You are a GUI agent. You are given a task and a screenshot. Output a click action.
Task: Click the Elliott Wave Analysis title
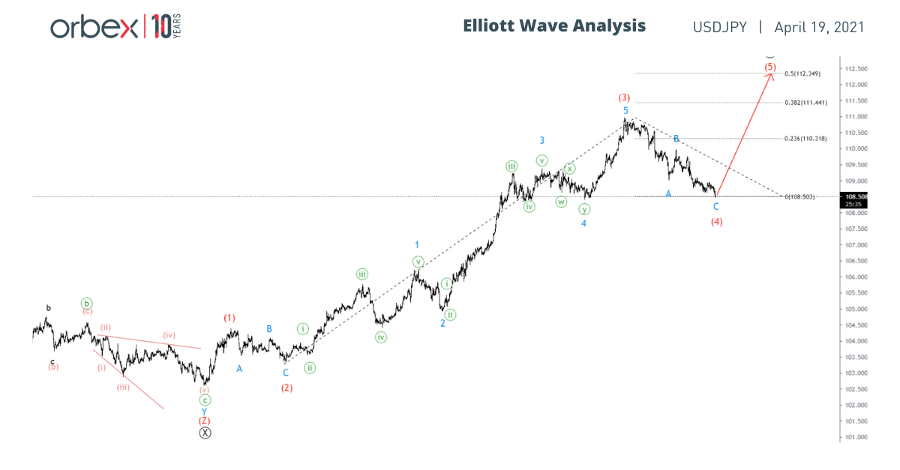pyautogui.click(x=554, y=25)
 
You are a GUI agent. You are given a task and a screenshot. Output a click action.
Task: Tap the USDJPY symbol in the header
pyautogui.click(x=719, y=27)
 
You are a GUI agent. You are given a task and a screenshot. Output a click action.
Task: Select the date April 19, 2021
pyautogui.click(x=820, y=27)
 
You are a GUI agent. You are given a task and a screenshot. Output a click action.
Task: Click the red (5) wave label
pyautogui.click(x=770, y=67)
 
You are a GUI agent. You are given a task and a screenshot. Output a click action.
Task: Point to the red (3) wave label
pyautogui.click(x=624, y=97)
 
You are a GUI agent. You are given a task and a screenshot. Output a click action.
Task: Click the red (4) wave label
pyautogui.click(x=716, y=222)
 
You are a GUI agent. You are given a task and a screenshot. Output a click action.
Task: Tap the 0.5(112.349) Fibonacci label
pyautogui.click(x=802, y=73)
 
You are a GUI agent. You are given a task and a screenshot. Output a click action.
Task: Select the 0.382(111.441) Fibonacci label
pyautogui.click(x=805, y=103)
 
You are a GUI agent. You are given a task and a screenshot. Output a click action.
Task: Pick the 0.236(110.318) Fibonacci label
pyautogui.click(x=805, y=139)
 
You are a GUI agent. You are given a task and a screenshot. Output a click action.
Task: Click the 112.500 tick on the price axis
pyautogui.click(x=856, y=69)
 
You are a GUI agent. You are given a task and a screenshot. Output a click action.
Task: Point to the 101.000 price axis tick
pyautogui.click(x=856, y=437)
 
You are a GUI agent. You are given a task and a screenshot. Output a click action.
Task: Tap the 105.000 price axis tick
pyautogui.click(x=856, y=309)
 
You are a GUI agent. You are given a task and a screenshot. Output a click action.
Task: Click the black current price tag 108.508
pyautogui.click(x=856, y=196)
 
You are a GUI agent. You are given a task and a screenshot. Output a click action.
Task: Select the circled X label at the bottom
pyautogui.click(x=205, y=433)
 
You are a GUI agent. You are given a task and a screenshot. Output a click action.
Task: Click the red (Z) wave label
pyautogui.click(x=205, y=421)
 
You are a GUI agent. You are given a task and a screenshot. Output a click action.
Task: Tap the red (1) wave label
pyautogui.click(x=229, y=318)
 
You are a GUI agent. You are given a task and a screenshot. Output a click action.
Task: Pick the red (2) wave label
pyautogui.click(x=286, y=388)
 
